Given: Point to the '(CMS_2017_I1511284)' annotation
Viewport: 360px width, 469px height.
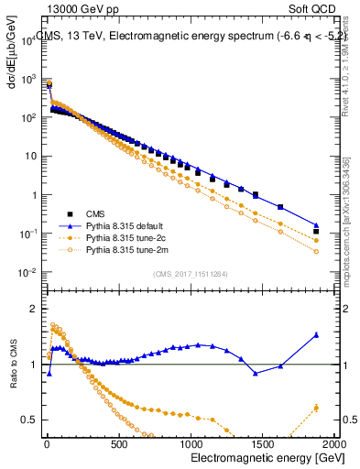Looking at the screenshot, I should coord(191,272).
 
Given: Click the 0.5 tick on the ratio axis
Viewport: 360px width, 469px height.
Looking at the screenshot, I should coord(30,420).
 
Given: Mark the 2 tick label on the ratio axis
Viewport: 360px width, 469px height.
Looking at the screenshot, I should coord(34,309).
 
